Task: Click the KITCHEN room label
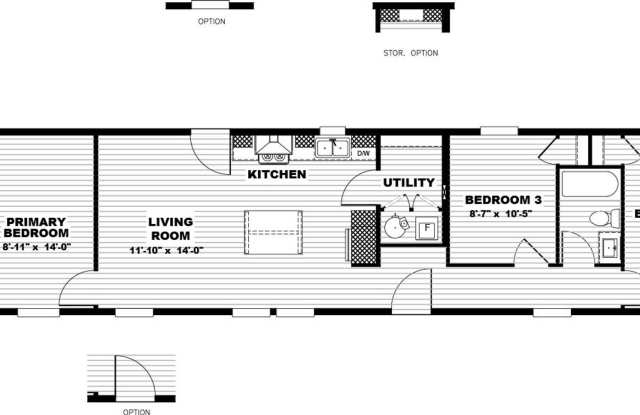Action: [x=277, y=174]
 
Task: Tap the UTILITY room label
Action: [x=409, y=183]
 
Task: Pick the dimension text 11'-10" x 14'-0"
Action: [x=166, y=249]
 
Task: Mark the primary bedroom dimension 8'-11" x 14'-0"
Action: [x=37, y=246]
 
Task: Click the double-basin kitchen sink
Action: [x=331, y=149]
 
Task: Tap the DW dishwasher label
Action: [x=363, y=153]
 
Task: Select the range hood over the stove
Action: [x=271, y=150]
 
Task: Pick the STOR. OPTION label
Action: [x=410, y=53]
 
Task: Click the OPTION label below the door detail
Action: [x=136, y=410]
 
